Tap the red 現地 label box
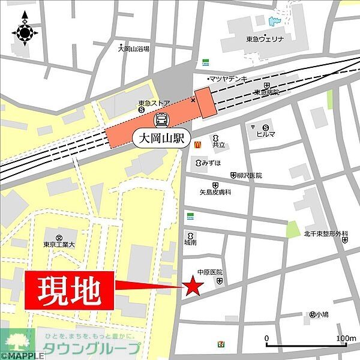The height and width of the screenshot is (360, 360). click(70, 290)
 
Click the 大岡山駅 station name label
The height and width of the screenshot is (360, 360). click(161, 139)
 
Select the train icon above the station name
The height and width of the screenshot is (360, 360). click(161, 120)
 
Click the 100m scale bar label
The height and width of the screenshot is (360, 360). click(346, 339)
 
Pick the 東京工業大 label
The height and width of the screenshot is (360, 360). click(59, 245)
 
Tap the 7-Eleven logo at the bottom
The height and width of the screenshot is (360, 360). click(222, 344)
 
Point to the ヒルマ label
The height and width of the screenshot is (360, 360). click(266, 134)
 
